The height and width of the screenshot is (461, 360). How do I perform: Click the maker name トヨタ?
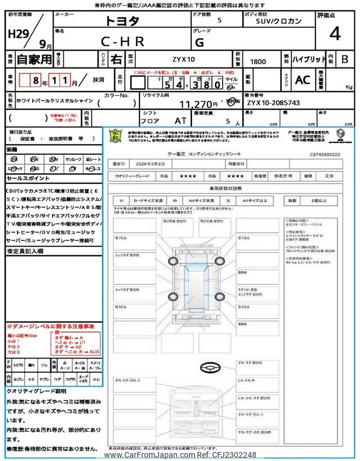click(121, 21)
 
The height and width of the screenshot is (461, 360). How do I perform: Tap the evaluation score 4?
click(335, 34)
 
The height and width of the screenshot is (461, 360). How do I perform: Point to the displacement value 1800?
click(258, 60)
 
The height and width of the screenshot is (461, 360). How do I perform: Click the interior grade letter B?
click(345, 60)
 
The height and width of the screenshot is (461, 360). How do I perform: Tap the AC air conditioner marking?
click(302, 80)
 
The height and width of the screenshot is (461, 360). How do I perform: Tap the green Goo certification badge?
click(115, 137)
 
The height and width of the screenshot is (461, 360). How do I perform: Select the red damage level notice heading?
click(51, 326)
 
